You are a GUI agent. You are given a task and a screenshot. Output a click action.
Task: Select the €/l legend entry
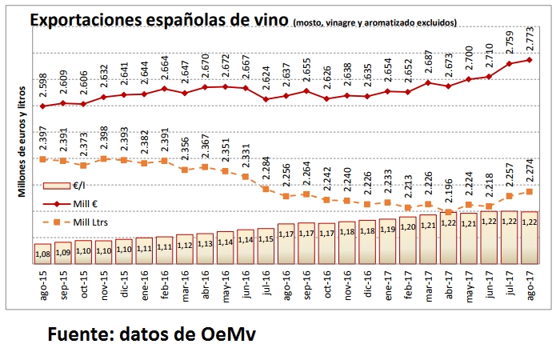[72, 186]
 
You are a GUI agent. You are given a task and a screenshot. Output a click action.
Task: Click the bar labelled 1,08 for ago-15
[42, 253]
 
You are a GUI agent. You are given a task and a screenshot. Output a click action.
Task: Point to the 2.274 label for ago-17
[529, 172]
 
